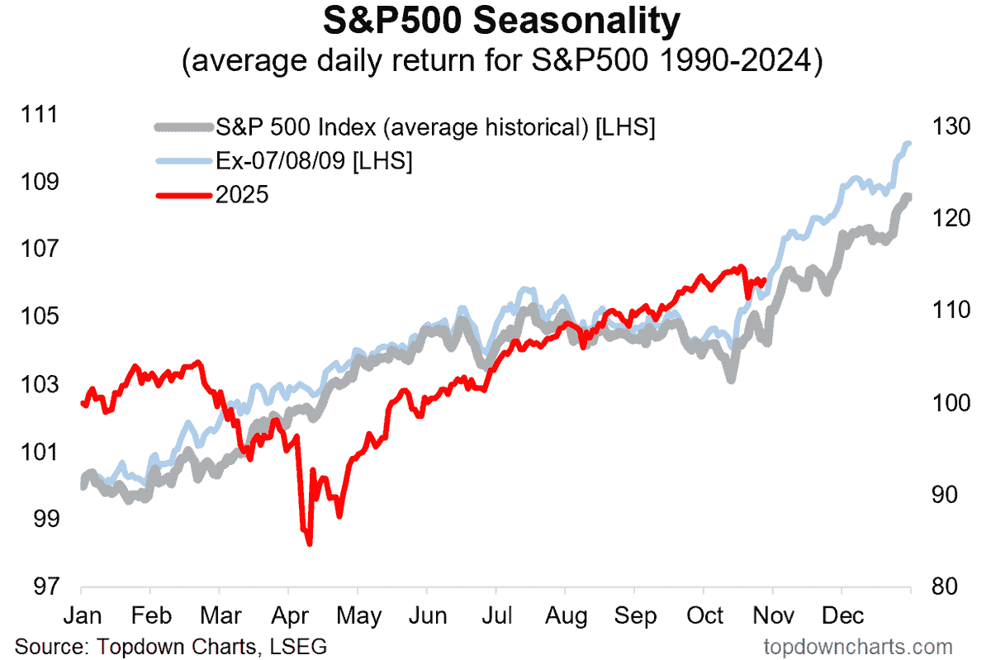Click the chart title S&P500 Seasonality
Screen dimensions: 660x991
click(495, 23)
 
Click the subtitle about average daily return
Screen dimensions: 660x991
click(495, 63)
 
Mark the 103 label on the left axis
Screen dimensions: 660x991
click(41, 384)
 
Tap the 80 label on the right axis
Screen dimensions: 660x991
click(946, 587)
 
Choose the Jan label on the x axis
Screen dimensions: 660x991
click(82, 616)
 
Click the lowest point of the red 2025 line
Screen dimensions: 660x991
click(309, 544)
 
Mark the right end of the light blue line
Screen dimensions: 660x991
click(908, 144)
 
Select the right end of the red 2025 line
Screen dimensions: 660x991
click(765, 280)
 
